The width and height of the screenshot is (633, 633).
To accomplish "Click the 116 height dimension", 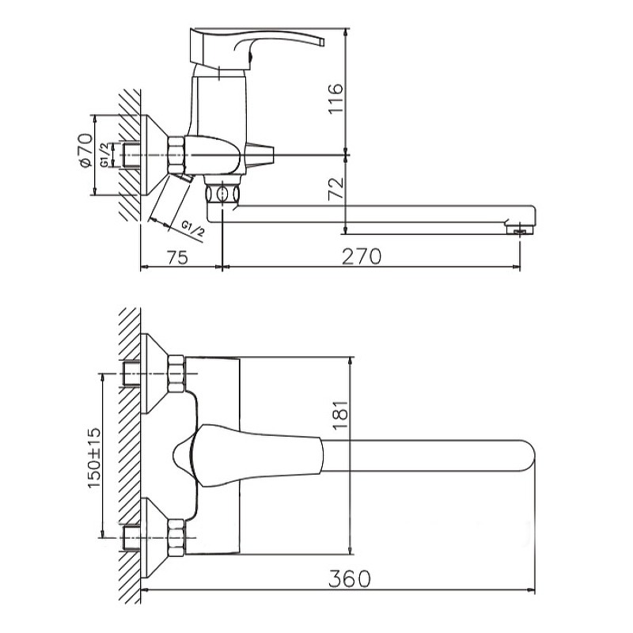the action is point(335,98).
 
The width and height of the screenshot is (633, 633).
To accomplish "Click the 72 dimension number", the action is point(335,188).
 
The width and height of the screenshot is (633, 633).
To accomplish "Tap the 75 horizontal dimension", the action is point(176,257).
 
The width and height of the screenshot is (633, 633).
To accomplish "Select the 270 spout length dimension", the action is point(362,256).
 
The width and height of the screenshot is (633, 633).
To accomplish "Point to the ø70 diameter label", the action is point(85,150).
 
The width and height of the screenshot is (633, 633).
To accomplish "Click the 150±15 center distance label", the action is point(93,458).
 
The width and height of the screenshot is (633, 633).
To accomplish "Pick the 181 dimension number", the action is point(341,415).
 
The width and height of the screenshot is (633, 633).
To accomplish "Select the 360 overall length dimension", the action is point(349,578).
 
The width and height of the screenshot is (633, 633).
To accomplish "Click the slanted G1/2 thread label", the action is point(193,229).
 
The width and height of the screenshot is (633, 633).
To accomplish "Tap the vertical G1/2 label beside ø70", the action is point(104,155).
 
